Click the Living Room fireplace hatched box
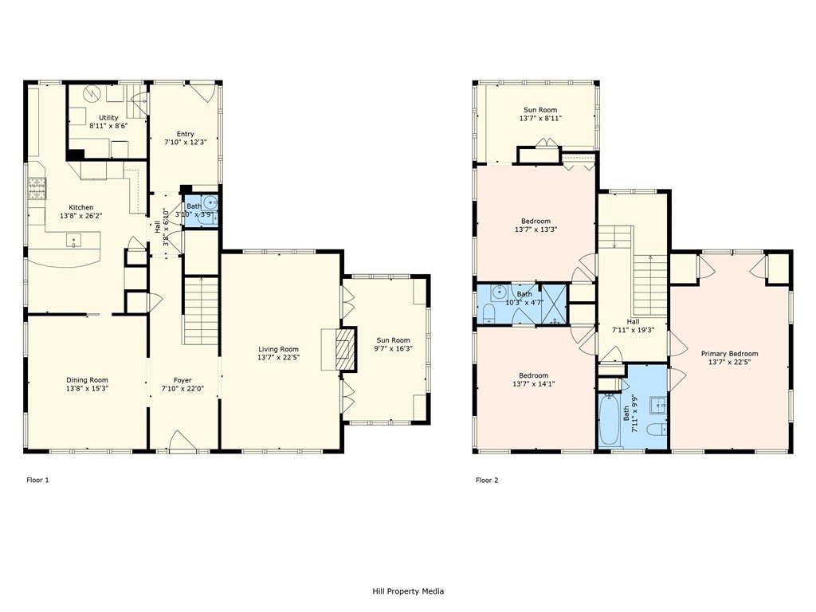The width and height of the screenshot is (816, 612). click(344, 348)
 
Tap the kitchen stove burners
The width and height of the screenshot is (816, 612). click(37, 188)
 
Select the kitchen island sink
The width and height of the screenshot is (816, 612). click(74, 241)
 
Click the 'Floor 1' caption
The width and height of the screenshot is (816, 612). click(37, 480)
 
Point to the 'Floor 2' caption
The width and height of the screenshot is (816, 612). click(487, 480)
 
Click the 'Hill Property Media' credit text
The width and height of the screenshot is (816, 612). click(408, 590)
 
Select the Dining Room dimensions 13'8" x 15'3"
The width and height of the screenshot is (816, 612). click(87, 388)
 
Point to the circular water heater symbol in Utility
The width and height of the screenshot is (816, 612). click(92, 93)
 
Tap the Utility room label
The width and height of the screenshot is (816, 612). click(108, 118)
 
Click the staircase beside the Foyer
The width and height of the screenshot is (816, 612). click(200, 311)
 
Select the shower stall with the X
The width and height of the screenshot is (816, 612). click(555, 304)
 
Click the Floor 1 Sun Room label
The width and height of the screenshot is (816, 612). click(393, 340)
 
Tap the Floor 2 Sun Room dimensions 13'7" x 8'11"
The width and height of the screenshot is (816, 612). click(540, 118)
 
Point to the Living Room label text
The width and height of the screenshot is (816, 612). click(278, 349)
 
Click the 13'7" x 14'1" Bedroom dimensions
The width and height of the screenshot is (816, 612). click(533, 384)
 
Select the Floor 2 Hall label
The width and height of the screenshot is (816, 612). click(633, 322)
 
